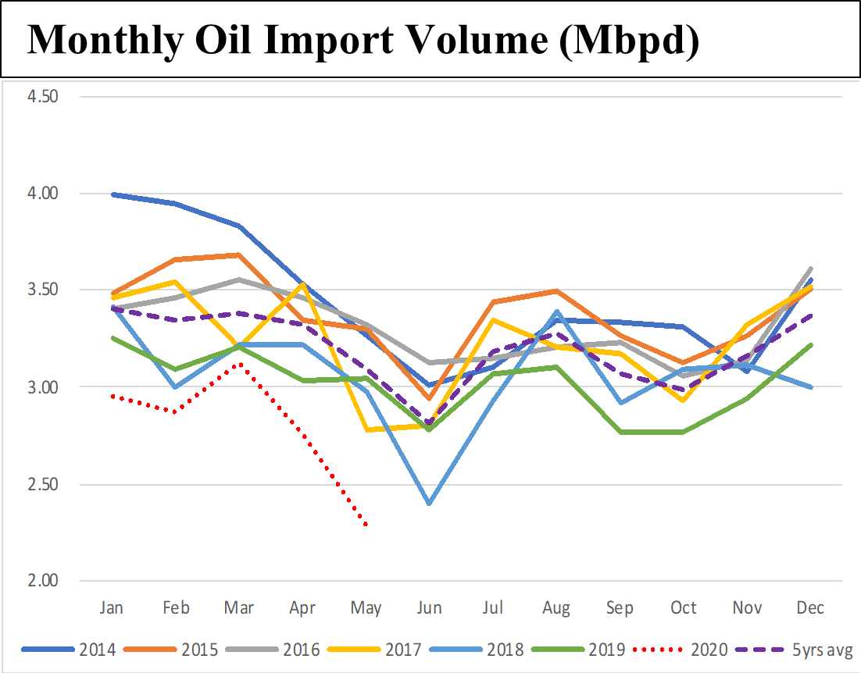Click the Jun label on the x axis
click(x=430, y=607)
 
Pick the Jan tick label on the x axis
click(x=114, y=607)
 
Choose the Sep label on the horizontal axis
click(x=620, y=607)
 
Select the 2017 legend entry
click(x=403, y=650)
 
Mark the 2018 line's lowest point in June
click(x=430, y=504)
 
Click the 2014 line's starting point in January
click(x=114, y=194)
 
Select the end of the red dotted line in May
click(x=366, y=525)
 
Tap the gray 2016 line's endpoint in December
click(x=812, y=269)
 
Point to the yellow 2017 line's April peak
click(x=302, y=284)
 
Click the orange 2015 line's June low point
click(x=430, y=398)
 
